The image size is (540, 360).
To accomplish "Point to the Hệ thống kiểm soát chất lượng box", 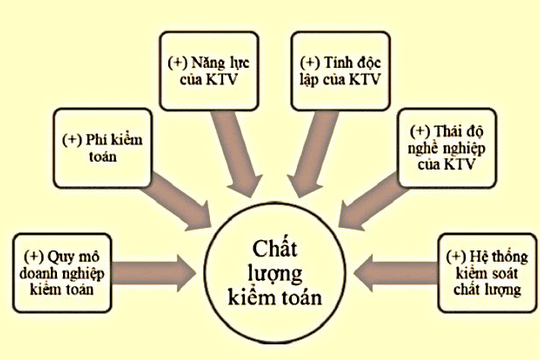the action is (482, 272).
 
